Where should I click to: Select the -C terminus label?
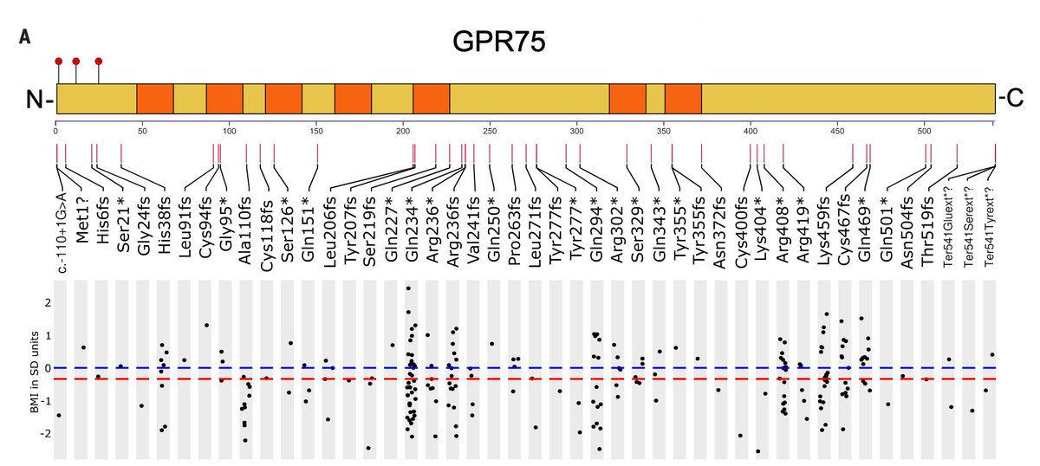click(x=1011, y=100)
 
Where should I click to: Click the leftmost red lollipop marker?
click(x=58, y=61)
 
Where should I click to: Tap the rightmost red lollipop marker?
click(x=98, y=61)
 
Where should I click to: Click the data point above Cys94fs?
click(x=206, y=325)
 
